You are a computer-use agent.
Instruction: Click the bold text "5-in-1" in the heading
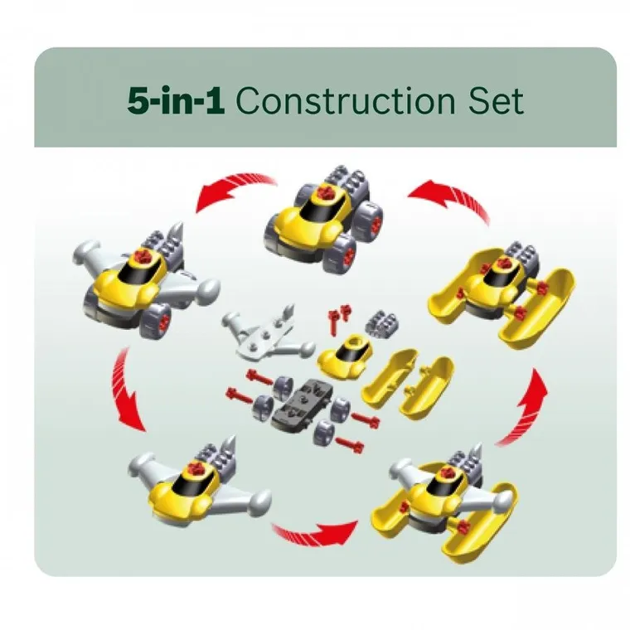tap(176, 100)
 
